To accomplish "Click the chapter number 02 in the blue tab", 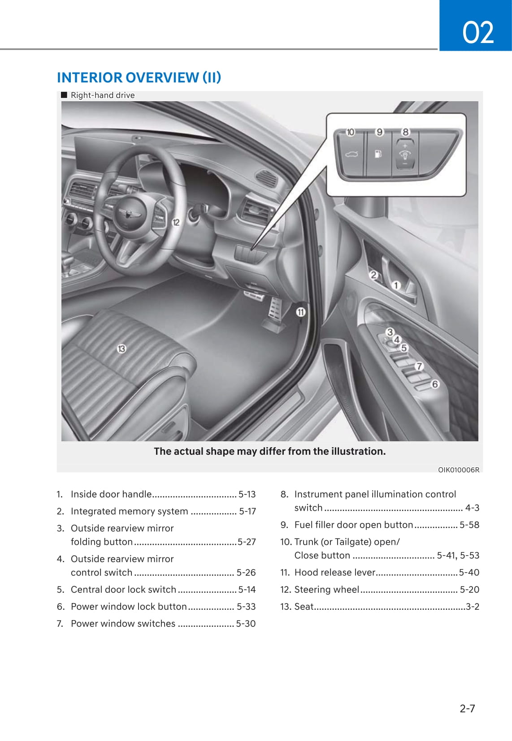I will [x=477, y=32].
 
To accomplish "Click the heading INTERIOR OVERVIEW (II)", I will [x=139, y=78].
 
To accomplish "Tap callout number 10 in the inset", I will [x=350, y=132].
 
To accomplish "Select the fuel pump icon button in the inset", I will [x=378, y=154].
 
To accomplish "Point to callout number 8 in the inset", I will [x=405, y=132].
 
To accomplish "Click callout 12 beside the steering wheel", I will [x=176, y=222].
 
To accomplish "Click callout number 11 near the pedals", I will [x=300, y=312].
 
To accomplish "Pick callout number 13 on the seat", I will [x=121, y=349].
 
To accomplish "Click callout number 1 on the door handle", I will [x=396, y=285].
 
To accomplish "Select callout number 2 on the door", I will [x=373, y=275].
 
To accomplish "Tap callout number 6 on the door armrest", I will [x=434, y=384].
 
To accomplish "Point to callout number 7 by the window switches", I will [x=419, y=366].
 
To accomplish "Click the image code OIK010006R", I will [x=458, y=470].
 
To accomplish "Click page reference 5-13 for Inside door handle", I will [x=247, y=494].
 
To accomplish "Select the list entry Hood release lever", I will [x=334, y=573].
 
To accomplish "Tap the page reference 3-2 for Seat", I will [x=473, y=607].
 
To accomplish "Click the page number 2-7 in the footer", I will [x=467, y=708].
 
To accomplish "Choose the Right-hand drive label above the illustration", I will [x=102, y=95].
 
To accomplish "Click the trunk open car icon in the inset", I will [x=351, y=155].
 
